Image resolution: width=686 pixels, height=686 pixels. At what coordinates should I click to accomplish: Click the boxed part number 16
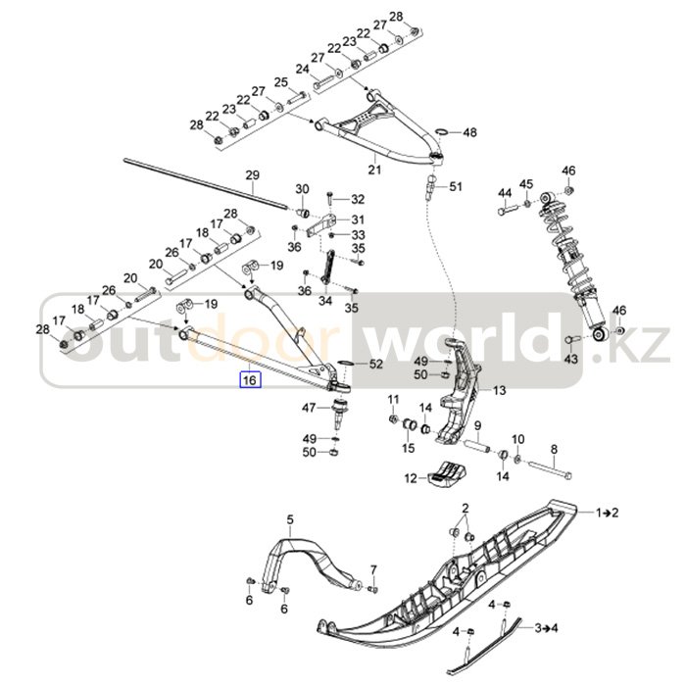point(249,380)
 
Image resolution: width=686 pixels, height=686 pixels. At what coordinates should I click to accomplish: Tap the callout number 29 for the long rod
point(252,175)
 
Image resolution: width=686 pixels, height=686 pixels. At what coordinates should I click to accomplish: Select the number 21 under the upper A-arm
point(374,169)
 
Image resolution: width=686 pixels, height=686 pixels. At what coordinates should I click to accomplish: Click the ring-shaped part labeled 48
point(441,132)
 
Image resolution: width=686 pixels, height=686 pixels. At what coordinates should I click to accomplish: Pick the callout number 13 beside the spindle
point(499,390)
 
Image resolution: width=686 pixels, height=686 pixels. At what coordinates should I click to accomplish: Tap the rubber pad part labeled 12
point(447,472)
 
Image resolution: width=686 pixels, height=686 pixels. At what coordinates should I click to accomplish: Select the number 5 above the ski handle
point(290,519)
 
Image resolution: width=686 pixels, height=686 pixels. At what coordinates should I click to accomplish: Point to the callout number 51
point(456,187)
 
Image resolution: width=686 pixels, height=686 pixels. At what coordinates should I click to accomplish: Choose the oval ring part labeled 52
point(345,364)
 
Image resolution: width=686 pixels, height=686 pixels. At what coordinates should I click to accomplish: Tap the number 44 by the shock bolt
point(505,192)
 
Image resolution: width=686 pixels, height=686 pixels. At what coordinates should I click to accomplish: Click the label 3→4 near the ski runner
point(547,628)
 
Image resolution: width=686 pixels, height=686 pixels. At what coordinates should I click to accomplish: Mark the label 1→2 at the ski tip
point(607,513)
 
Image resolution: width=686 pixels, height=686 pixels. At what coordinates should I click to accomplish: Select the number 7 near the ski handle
point(373,569)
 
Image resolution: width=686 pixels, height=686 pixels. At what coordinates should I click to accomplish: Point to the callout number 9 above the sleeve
point(478,425)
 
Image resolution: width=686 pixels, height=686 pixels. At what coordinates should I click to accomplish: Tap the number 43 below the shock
point(570,359)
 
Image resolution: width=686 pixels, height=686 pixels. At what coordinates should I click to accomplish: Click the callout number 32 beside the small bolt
point(358,199)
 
